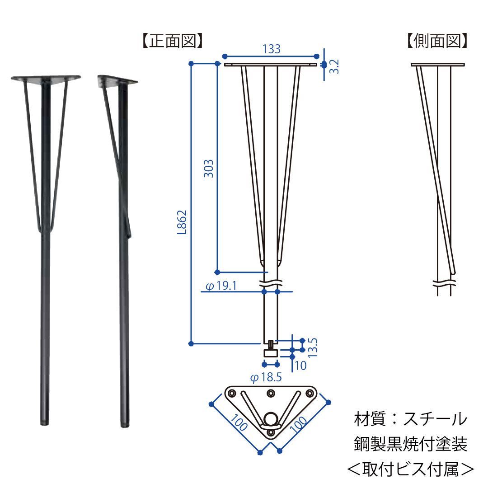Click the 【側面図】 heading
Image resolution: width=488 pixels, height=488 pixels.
(436, 41)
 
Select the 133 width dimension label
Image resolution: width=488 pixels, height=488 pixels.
(271, 49)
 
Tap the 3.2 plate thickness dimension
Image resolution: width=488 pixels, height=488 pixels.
(334, 66)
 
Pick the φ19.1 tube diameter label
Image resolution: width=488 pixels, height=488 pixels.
(221, 286)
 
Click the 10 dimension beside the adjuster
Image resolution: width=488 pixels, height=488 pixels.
(300, 365)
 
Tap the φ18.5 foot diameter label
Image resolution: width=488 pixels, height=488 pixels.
(266, 378)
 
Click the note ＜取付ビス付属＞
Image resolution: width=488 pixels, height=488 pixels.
(410, 469)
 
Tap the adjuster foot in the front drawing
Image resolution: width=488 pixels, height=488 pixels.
(271, 351)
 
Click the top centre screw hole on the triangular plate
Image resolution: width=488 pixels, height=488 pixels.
(271, 394)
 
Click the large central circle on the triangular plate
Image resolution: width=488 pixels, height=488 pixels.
(271, 418)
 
